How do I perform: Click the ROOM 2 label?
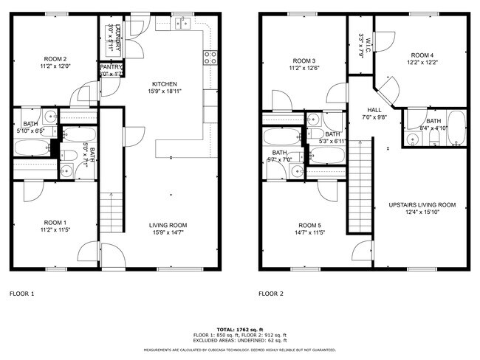tap(55, 59)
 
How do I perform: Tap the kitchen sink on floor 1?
tap(183, 24)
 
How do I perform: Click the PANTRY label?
tap(112, 67)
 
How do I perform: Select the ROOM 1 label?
tap(55, 223)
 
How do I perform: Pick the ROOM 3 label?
tap(304, 60)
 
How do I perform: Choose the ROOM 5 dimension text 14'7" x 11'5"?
tap(311, 233)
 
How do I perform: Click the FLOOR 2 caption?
tap(271, 293)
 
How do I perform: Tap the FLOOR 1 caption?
tap(21, 293)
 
